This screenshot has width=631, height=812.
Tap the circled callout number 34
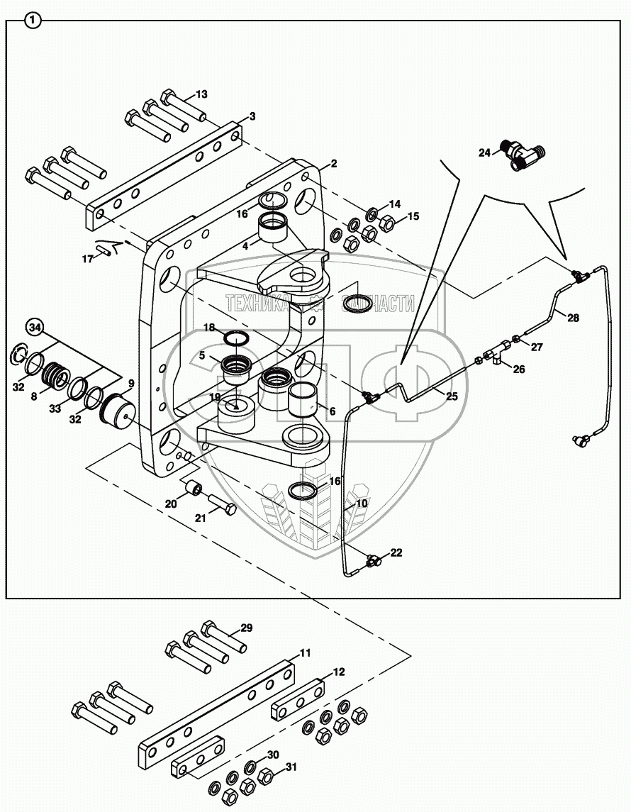[35, 327]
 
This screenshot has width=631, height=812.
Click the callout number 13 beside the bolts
[201, 94]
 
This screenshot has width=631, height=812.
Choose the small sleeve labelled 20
[192, 489]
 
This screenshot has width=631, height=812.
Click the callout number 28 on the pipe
[573, 318]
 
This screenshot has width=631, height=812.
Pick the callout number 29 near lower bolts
[246, 628]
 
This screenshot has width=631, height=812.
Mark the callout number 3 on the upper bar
[252, 116]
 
